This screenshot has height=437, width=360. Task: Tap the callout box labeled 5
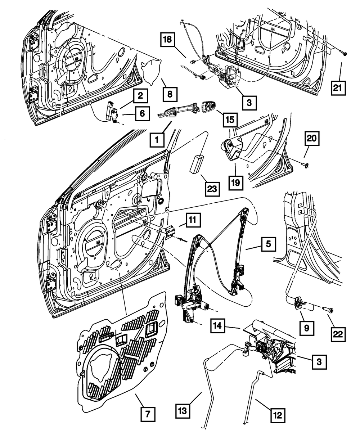click(269, 245)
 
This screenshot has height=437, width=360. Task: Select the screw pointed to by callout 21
click(345, 54)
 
